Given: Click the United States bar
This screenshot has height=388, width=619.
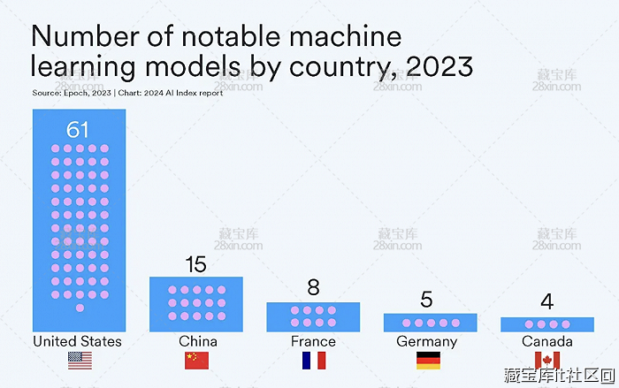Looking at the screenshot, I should pyautogui.click(x=79, y=221).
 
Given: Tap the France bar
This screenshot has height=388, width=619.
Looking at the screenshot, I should pyautogui.click(x=313, y=316).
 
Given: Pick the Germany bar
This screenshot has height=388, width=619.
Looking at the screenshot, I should pyautogui.click(x=430, y=323).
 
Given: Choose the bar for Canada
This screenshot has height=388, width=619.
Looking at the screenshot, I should pyautogui.click(x=546, y=324).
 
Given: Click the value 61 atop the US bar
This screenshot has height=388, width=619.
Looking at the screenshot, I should pyautogui.click(x=79, y=130).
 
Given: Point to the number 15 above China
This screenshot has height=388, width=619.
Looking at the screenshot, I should pyautogui.click(x=195, y=264).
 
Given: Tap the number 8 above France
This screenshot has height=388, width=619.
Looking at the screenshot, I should pyautogui.click(x=313, y=288).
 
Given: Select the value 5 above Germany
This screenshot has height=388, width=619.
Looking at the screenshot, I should pyautogui.click(x=427, y=300).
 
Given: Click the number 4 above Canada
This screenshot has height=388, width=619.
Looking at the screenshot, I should pyautogui.click(x=546, y=302).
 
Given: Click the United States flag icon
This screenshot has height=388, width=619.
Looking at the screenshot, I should pyautogui.click(x=80, y=360).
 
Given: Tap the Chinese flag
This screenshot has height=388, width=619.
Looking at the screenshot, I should pyautogui.click(x=196, y=360).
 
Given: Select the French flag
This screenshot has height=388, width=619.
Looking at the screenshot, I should pyautogui.click(x=313, y=360).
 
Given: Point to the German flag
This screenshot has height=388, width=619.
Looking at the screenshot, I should pyautogui.click(x=429, y=360).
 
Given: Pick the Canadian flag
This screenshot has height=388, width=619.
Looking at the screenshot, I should pyautogui.click(x=546, y=360).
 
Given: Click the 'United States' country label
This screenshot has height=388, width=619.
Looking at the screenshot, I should pyautogui.click(x=78, y=341).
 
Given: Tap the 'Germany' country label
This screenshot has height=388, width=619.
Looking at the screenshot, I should pyautogui.click(x=427, y=341).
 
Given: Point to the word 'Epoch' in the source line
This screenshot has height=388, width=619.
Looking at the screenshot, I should pyautogui.click(x=74, y=93).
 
